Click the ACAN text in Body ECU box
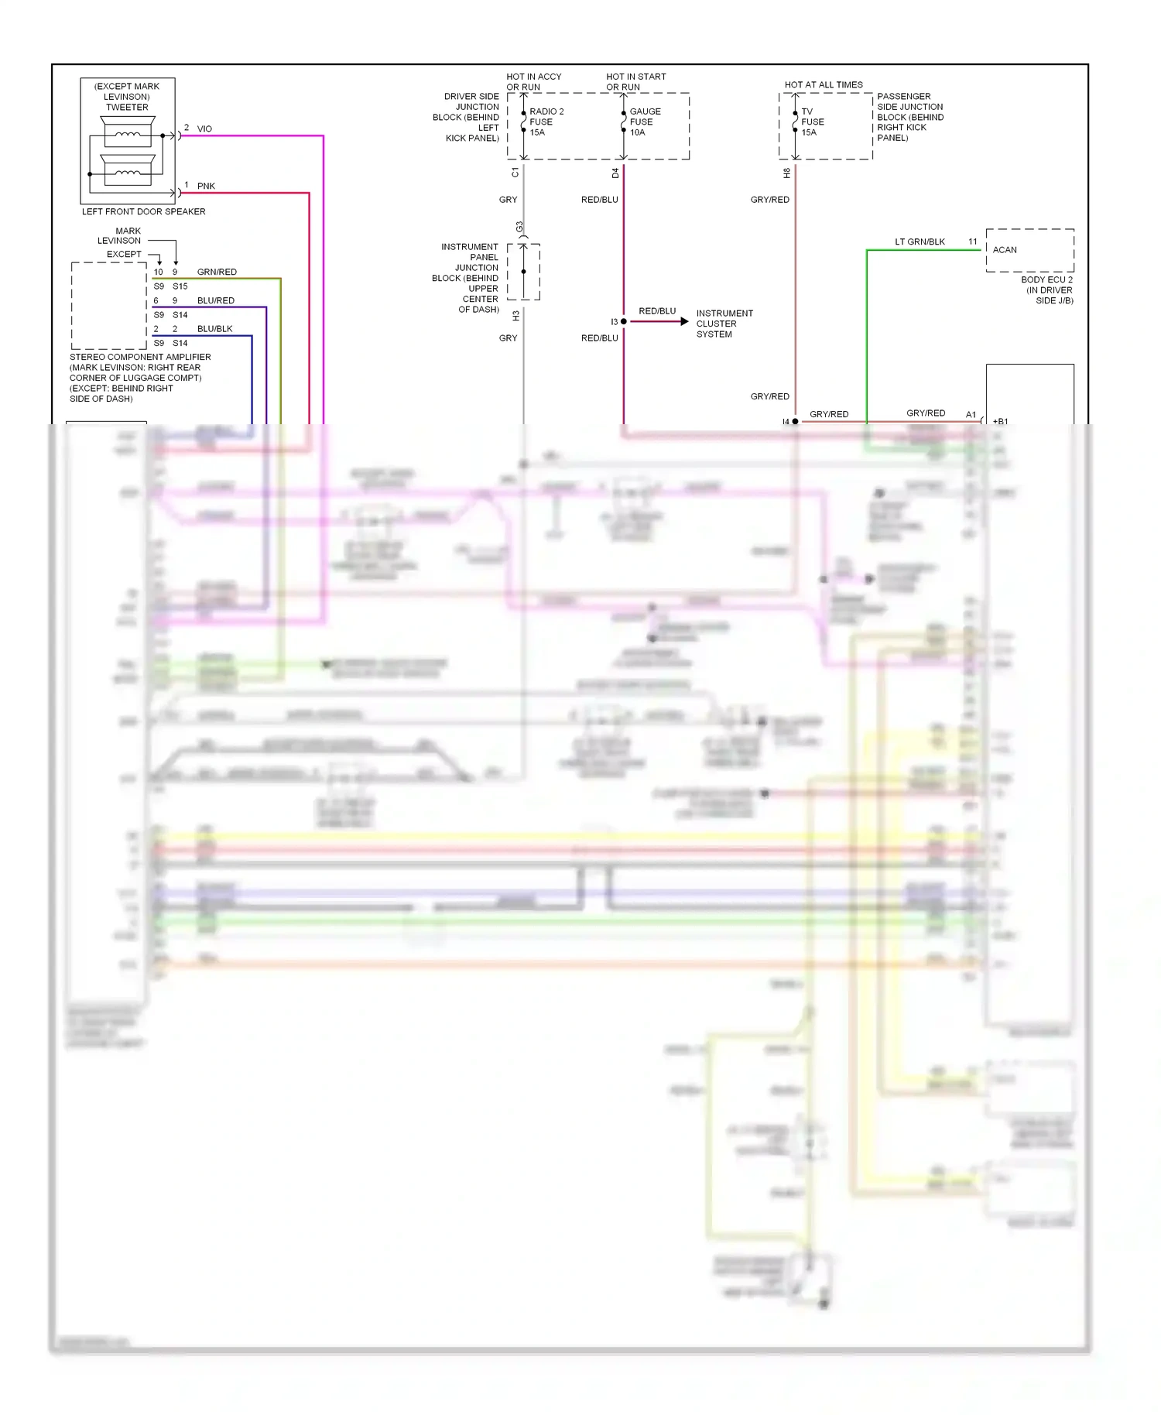(1005, 250)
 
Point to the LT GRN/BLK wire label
(920, 242)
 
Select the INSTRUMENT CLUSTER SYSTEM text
(724, 324)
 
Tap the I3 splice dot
(624, 321)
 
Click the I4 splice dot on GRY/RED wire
(795, 422)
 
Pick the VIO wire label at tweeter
(204, 128)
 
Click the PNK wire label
(206, 186)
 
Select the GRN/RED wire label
(217, 272)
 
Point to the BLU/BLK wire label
(214, 329)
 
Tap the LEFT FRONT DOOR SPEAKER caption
(144, 211)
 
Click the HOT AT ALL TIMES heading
(824, 85)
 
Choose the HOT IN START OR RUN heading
(635, 81)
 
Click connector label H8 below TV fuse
(787, 173)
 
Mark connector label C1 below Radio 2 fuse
(515, 173)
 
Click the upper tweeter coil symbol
(128, 135)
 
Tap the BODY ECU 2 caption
(1046, 290)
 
